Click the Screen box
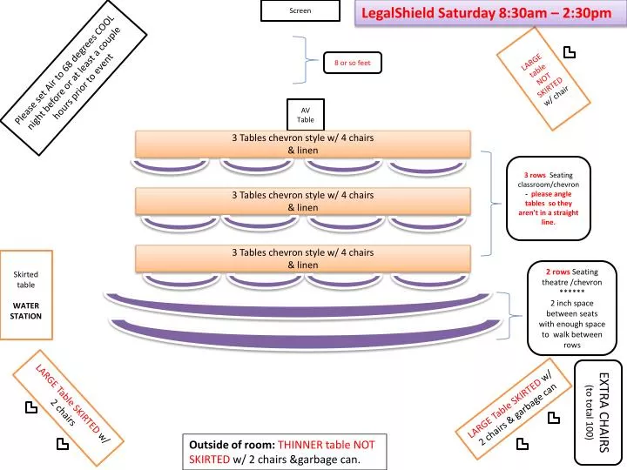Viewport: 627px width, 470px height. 300,10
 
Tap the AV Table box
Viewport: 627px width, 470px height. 306,115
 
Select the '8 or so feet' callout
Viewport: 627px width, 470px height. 353,63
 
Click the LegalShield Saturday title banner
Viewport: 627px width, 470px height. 490,13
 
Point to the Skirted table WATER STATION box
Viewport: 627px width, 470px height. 26,295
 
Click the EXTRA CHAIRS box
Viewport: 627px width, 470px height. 598,413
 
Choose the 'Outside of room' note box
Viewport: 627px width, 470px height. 285,452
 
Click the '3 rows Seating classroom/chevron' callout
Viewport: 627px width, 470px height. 549,198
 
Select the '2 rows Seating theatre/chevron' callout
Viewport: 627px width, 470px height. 572,308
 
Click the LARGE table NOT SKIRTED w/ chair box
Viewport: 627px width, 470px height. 543,79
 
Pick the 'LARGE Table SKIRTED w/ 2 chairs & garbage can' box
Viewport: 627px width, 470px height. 514,408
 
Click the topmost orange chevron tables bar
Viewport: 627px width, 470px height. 303,144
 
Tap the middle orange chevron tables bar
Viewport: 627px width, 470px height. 303,201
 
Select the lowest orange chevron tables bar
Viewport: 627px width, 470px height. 303,258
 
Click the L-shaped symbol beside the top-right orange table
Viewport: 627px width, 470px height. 569,53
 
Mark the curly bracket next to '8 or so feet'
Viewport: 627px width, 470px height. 307,60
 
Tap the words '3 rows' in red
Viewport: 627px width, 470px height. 535,175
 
